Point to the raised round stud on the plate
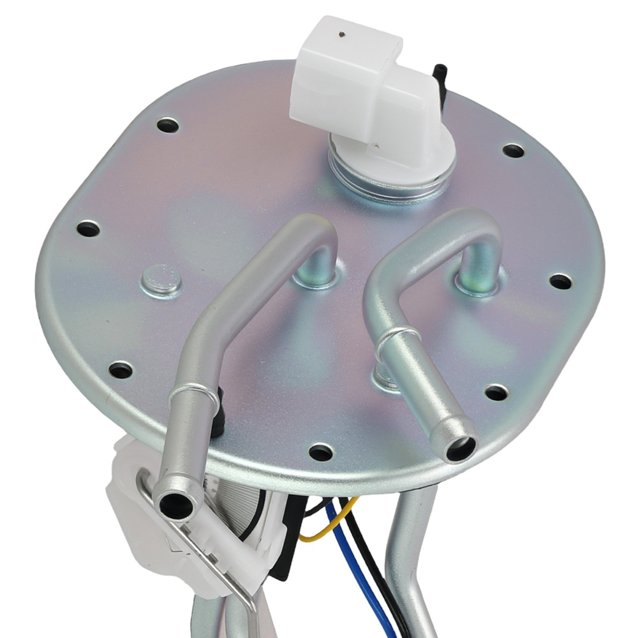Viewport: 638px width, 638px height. click(160, 279)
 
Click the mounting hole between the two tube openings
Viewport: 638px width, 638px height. click(321, 452)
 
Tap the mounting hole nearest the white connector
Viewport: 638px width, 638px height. click(513, 151)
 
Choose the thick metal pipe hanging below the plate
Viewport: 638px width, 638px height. click(405, 555)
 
